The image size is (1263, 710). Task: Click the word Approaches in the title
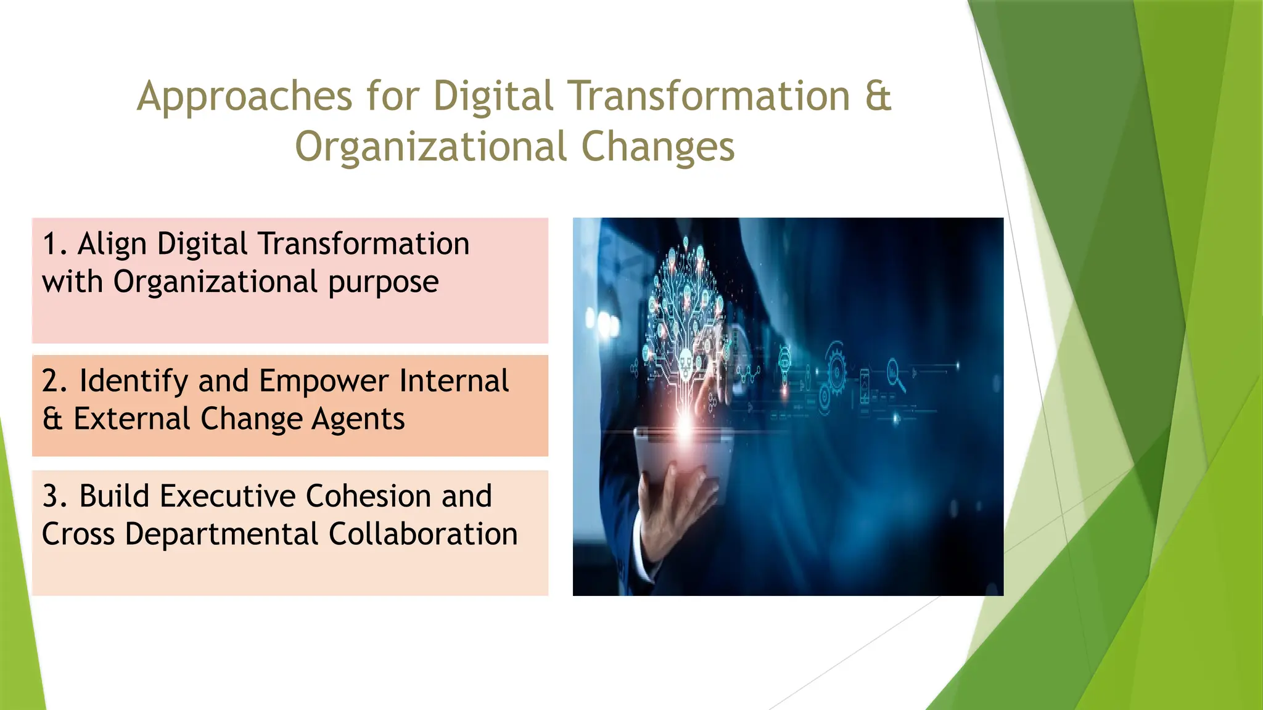click(244, 97)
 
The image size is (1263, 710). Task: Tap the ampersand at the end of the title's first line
click(878, 96)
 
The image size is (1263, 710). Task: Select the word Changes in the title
click(657, 147)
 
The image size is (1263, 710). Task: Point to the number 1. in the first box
click(54, 244)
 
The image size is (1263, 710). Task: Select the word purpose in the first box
click(383, 283)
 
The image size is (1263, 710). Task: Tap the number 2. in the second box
click(54, 381)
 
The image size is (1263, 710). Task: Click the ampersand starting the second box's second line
click(53, 419)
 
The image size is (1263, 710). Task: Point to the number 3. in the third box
click(54, 497)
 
